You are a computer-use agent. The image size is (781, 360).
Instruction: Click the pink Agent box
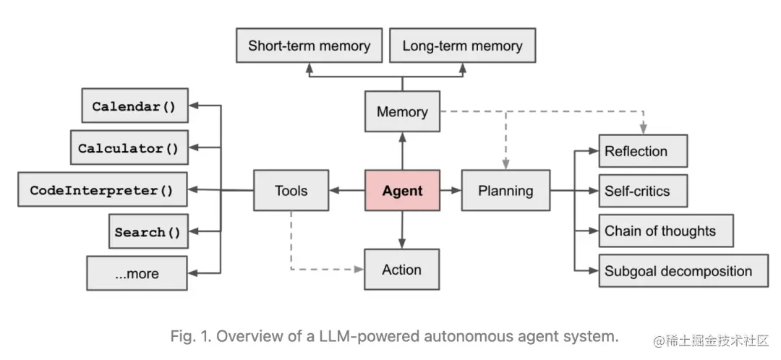[401, 191]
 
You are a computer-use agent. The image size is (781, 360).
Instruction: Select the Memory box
[401, 111]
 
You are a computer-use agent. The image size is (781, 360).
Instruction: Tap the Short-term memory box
[309, 46]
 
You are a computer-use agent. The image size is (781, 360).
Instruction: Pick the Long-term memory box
[462, 46]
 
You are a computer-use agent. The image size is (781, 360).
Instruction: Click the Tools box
[291, 191]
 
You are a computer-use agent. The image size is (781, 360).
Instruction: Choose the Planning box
[505, 191]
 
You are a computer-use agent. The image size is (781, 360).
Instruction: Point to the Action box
[401, 270]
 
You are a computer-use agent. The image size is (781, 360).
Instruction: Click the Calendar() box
[134, 106]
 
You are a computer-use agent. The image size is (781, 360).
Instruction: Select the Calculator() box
[128, 148]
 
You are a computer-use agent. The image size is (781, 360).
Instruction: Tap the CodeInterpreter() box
[102, 191]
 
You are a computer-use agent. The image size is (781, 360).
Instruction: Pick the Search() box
[148, 232]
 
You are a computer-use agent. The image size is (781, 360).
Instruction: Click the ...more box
[137, 274]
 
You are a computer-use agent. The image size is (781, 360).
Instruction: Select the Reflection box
[642, 151]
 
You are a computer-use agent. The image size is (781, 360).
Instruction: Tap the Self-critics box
[642, 191]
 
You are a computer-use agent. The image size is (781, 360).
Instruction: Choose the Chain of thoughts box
[665, 231]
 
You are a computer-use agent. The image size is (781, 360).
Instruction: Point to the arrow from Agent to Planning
[451, 191]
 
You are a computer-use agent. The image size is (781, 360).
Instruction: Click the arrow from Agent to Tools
[346, 191]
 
